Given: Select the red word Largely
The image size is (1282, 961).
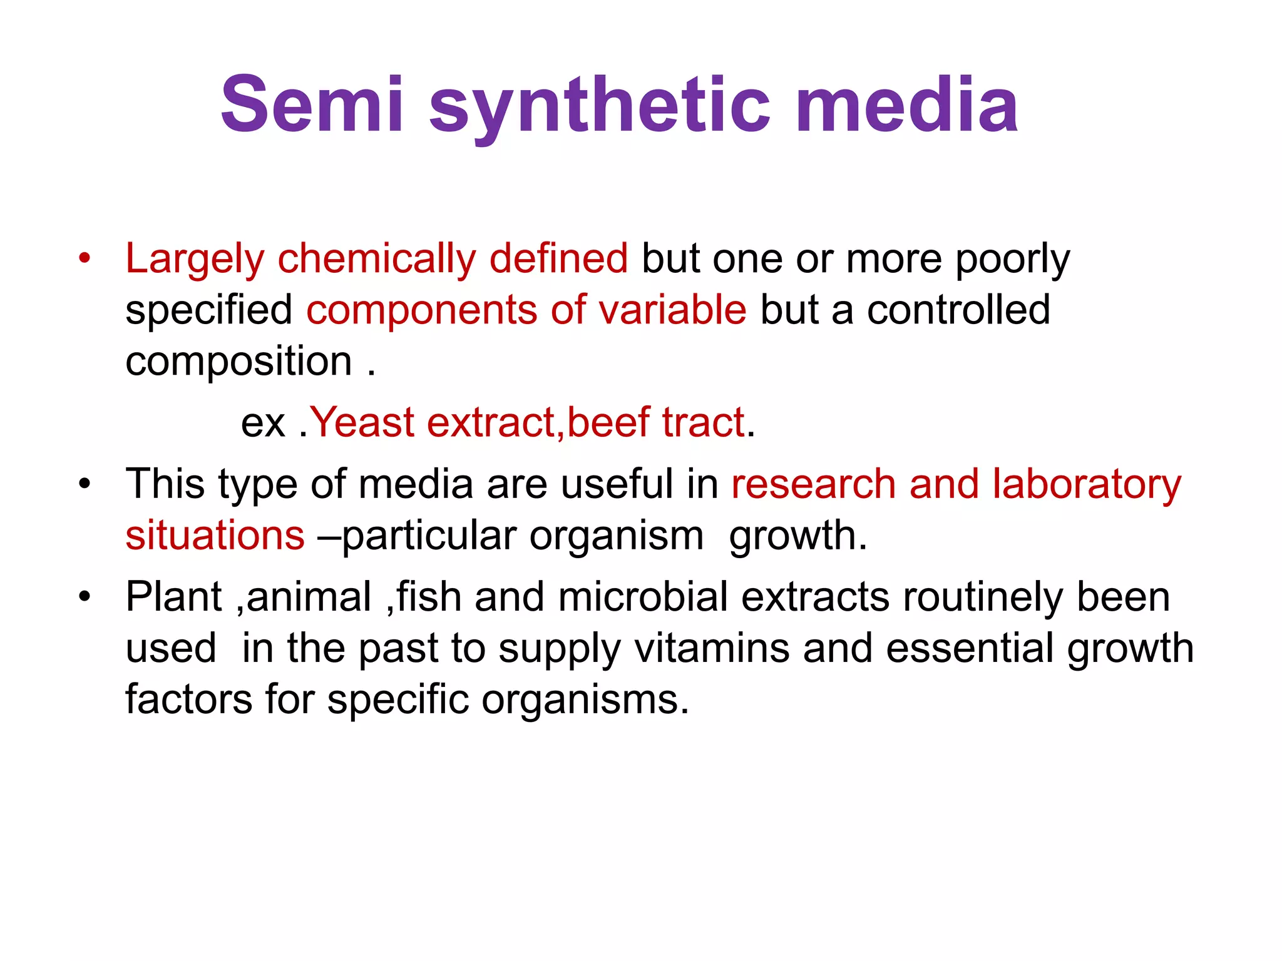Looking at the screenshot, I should pos(195,260).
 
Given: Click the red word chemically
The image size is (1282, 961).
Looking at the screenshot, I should pos(376,260).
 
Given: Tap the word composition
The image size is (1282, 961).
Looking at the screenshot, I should pos(238,362).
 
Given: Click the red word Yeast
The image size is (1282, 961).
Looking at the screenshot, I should pos(362,422).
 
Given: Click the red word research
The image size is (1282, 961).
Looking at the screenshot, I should pos(813,485).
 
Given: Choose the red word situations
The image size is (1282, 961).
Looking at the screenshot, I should pos(215,536).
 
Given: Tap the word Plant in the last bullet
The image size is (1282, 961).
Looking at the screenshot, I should pos(173,597).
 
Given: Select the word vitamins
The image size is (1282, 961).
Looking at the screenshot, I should pos(712,648).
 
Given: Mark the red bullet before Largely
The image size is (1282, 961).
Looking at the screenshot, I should pos(85,258).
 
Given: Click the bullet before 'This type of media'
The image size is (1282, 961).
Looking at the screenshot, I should pos(85,484).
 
